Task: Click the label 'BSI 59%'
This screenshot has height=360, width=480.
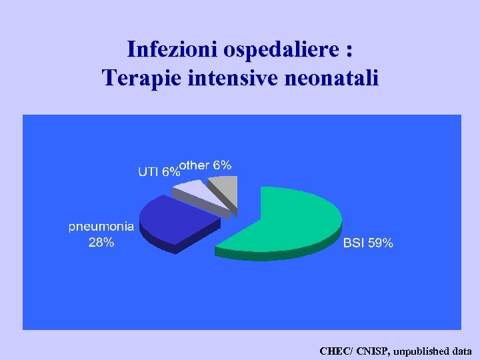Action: [x=368, y=244]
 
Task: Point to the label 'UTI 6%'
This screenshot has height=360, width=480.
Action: [x=159, y=171]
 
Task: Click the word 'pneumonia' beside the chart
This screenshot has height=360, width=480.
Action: [x=101, y=226]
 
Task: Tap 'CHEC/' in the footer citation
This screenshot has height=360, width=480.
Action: [x=336, y=351]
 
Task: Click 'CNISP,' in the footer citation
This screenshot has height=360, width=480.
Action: [x=374, y=351]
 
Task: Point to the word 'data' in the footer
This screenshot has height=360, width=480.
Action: [x=461, y=351]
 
